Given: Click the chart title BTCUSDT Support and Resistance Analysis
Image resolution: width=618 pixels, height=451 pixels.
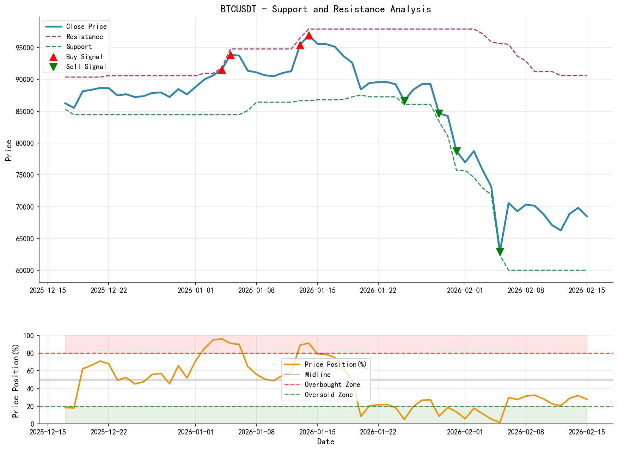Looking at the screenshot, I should click(x=326, y=9).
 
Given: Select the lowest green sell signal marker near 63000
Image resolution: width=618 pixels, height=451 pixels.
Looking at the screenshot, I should click(x=500, y=252).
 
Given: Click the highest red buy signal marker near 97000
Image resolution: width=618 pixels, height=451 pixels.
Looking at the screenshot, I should click(x=309, y=36).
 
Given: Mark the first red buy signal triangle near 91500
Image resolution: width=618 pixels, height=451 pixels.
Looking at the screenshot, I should click(x=222, y=70).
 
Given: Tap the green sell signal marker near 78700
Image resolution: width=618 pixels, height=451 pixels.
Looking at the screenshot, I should click(x=457, y=151).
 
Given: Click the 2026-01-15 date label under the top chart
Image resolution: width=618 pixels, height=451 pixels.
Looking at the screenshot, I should click(x=317, y=290).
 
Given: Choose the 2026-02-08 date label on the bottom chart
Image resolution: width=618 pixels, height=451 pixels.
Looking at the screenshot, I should click(x=526, y=432).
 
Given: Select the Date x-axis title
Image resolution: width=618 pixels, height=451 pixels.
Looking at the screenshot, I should click(x=326, y=442).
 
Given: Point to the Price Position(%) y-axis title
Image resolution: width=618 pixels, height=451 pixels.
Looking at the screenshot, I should click(x=16, y=379).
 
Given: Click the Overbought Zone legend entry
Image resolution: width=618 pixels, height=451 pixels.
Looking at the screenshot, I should click(x=332, y=385).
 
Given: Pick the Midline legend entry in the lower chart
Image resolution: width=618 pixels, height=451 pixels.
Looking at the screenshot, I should click(x=318, y=375).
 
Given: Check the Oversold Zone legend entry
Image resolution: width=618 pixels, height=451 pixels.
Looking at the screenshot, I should click(x=329, y=395).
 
